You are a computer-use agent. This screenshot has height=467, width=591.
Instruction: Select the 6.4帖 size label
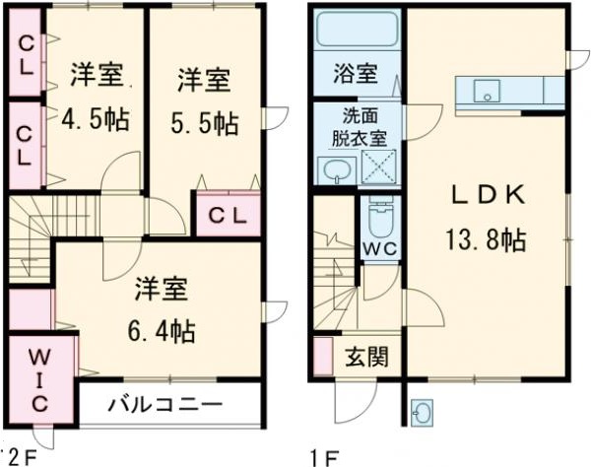[163, 329]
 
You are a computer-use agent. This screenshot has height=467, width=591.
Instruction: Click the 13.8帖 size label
[488, 238]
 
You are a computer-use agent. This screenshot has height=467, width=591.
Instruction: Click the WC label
[379, 247]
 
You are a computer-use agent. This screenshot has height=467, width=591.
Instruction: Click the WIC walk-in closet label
[38, 380]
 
